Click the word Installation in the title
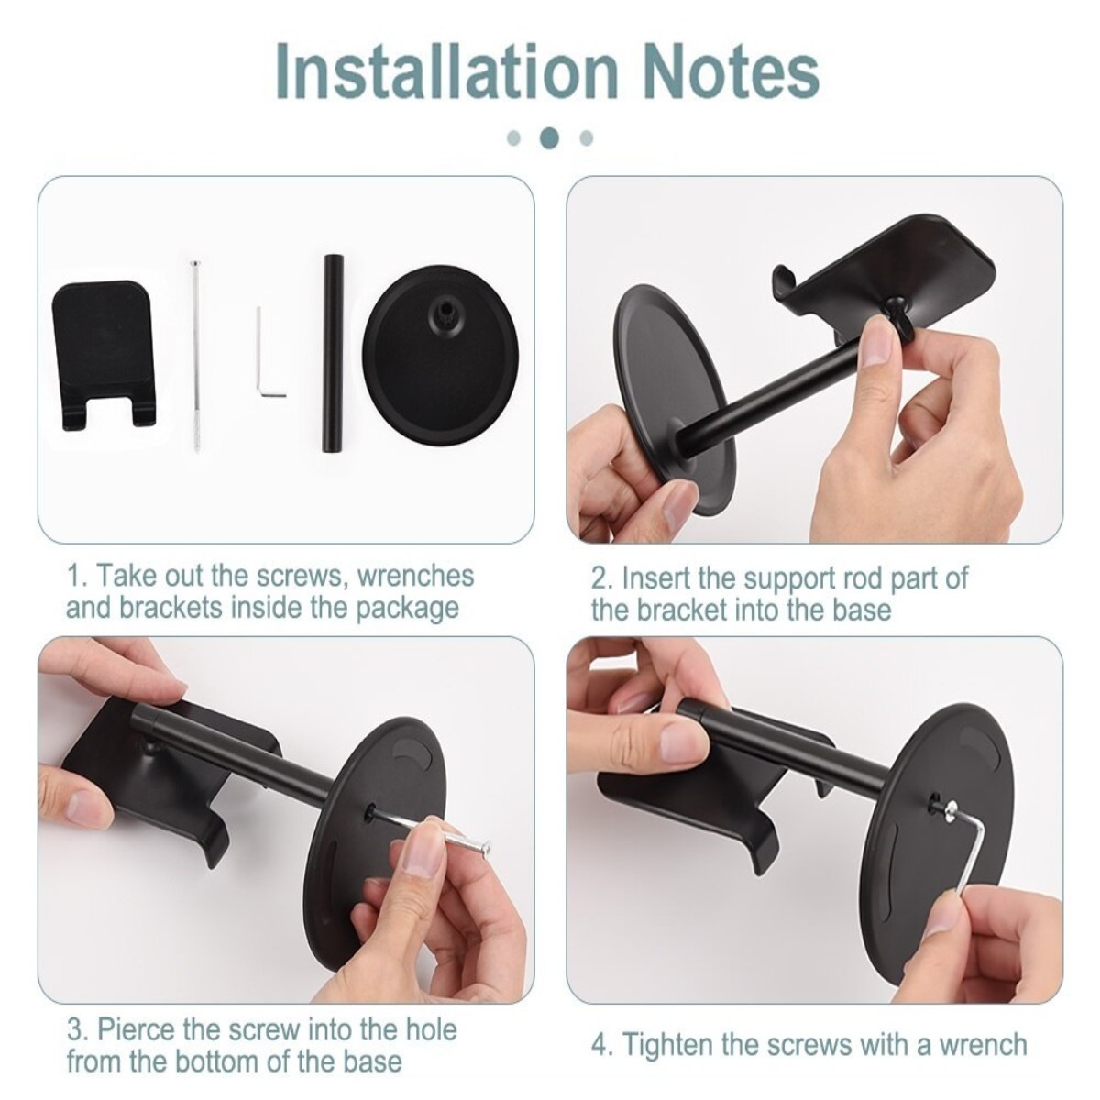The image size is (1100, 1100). click(446, 71)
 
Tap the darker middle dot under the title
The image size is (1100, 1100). click(549, 137)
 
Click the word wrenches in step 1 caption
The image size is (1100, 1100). click(415, 576)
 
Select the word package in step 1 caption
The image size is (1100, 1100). click(408, 609)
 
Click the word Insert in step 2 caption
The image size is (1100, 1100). click(654, 577)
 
